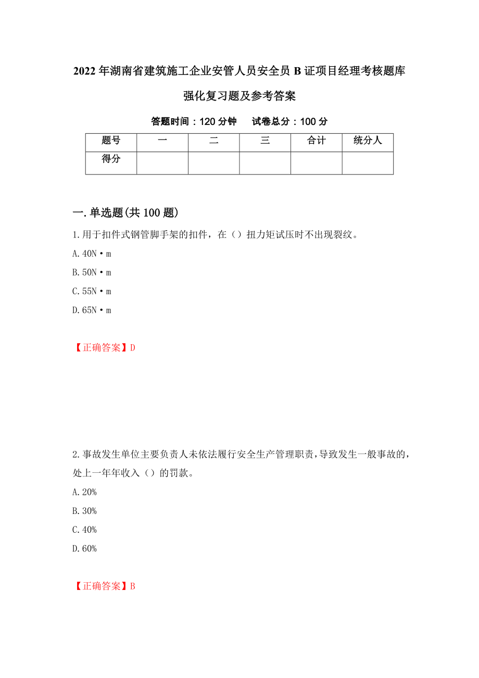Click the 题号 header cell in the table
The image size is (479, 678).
[111, 140]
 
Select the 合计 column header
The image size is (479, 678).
[316, 140]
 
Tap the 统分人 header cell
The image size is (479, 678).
[368, 140]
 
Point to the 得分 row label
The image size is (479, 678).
[111, 159]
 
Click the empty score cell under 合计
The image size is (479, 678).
[316, 163]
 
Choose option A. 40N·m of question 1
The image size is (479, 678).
[92, 254]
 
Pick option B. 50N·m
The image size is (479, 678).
[92, 272]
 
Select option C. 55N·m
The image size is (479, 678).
[92, 291]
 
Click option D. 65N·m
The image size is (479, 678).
[92, 310]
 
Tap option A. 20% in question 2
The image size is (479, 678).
[84, 492]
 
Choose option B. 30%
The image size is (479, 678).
[84, 511]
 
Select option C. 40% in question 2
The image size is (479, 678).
[84, 530]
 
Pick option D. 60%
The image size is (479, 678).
[84, 548]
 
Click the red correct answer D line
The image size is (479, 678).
[104, 348]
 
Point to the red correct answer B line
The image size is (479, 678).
[104, 586]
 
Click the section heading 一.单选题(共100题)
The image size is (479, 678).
[126, 212]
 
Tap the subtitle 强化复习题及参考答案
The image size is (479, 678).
[240, 96]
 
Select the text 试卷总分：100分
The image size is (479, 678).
[289, 121]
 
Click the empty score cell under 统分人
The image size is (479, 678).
[368, 163]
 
